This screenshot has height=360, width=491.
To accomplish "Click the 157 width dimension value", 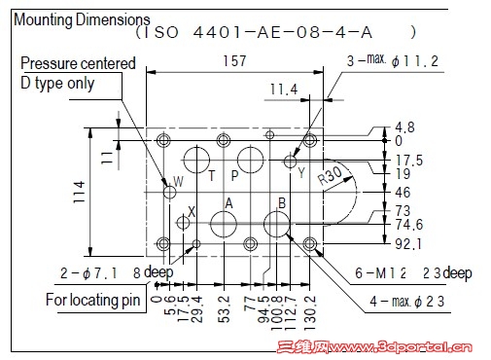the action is [234, 61].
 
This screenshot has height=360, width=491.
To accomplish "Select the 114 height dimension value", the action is [79, 192].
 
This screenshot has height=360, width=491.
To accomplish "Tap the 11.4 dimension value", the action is [284, 90].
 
